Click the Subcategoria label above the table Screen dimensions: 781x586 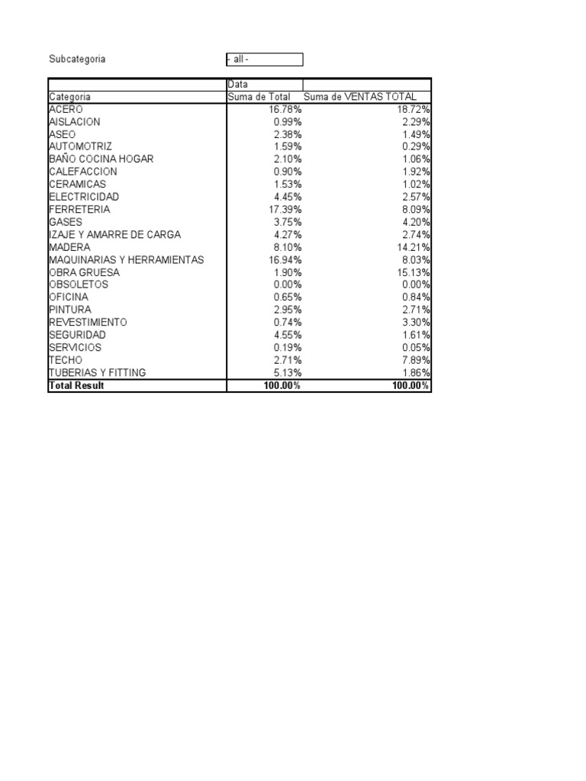77,59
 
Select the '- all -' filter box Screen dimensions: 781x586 264,59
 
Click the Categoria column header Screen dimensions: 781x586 69,97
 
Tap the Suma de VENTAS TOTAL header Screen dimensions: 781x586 360,97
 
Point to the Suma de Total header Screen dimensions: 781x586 259,97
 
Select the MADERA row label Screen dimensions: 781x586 69,247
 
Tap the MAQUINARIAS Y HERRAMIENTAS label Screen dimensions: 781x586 127,260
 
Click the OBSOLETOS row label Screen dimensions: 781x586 78,284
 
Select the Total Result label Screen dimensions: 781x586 76,386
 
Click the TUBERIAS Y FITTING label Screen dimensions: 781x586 97,373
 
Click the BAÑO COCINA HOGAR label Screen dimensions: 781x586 101,159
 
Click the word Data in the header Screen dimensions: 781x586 238,85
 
